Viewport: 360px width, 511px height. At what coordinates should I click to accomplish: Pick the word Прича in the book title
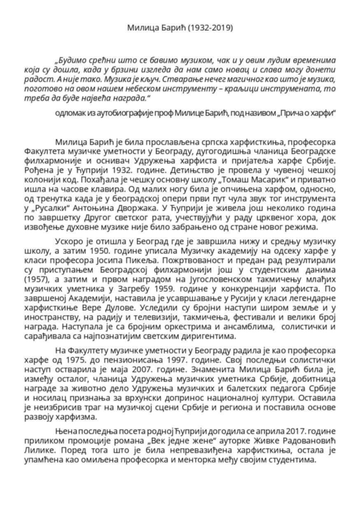click(x=294, y=113)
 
